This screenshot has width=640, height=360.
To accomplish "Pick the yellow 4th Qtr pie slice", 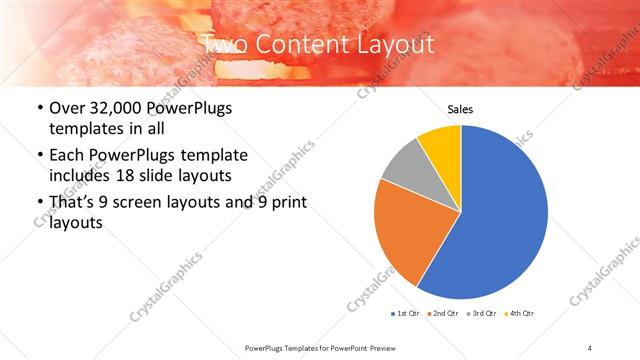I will point(441,144).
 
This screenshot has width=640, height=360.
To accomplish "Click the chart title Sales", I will point(460,110).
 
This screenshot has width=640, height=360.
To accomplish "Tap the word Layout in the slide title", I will point(399,44).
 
